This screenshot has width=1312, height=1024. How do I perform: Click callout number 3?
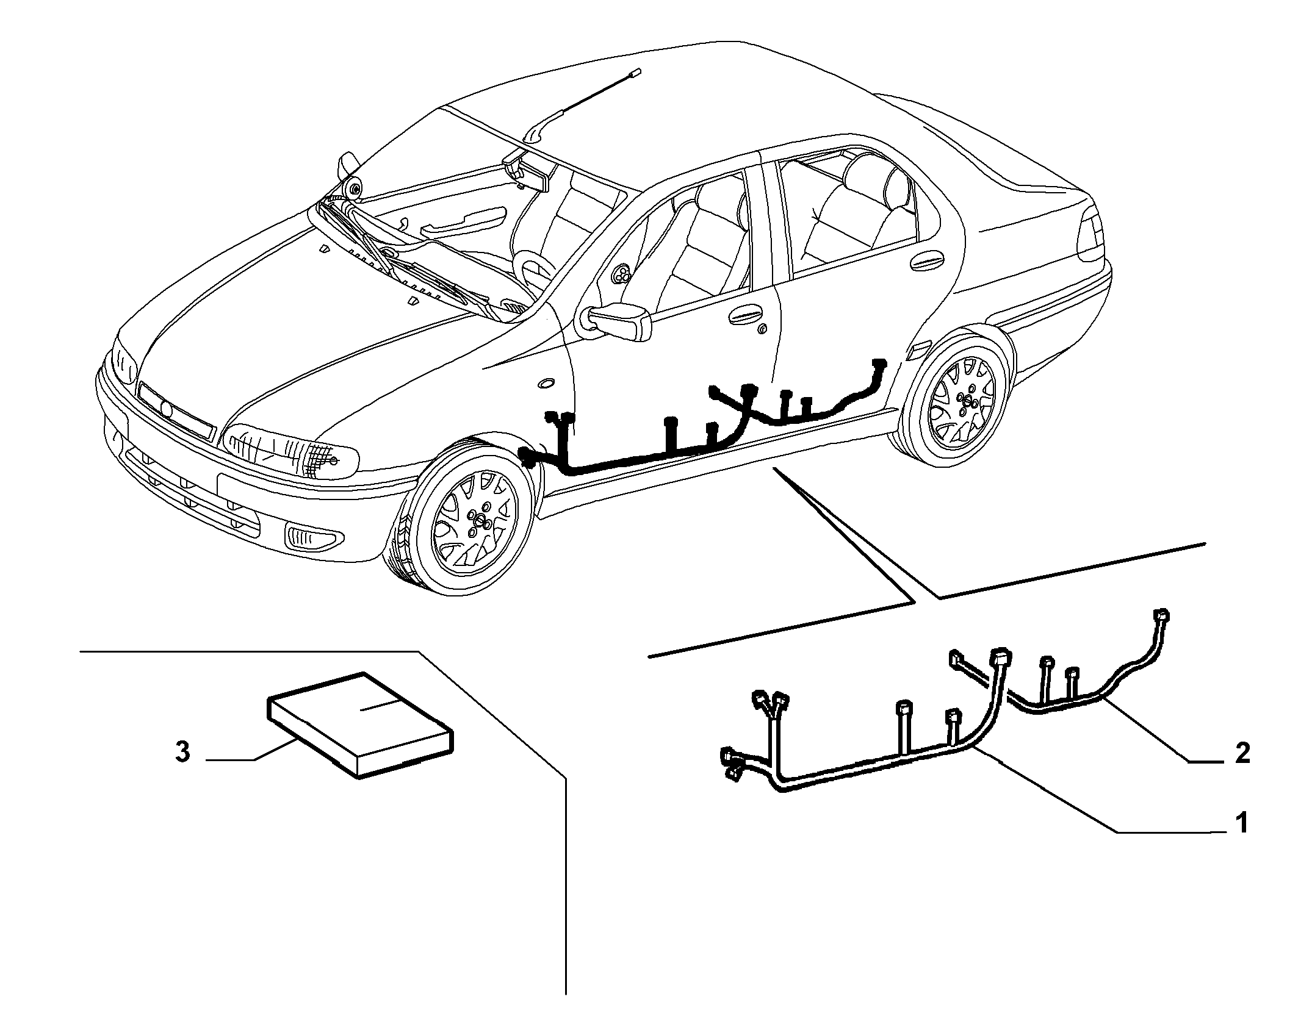[182, 752]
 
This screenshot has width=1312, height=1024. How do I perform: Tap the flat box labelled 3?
[361, 724]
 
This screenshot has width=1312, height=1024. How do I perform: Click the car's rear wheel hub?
[965, 399]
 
